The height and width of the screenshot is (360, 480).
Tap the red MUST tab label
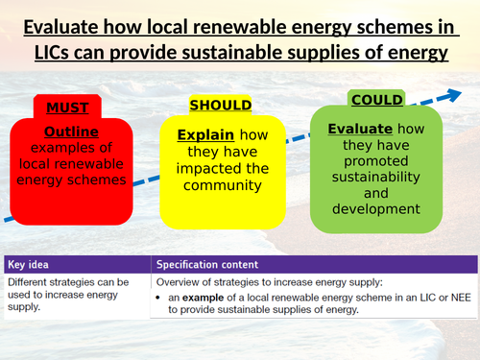coord(60,108)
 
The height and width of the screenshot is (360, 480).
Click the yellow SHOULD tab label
coord(220,104)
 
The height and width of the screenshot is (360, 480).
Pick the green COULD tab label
coord(377,100)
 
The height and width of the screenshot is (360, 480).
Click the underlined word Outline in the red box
coord(71,132)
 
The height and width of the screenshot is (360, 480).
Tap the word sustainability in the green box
coord(376,179)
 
